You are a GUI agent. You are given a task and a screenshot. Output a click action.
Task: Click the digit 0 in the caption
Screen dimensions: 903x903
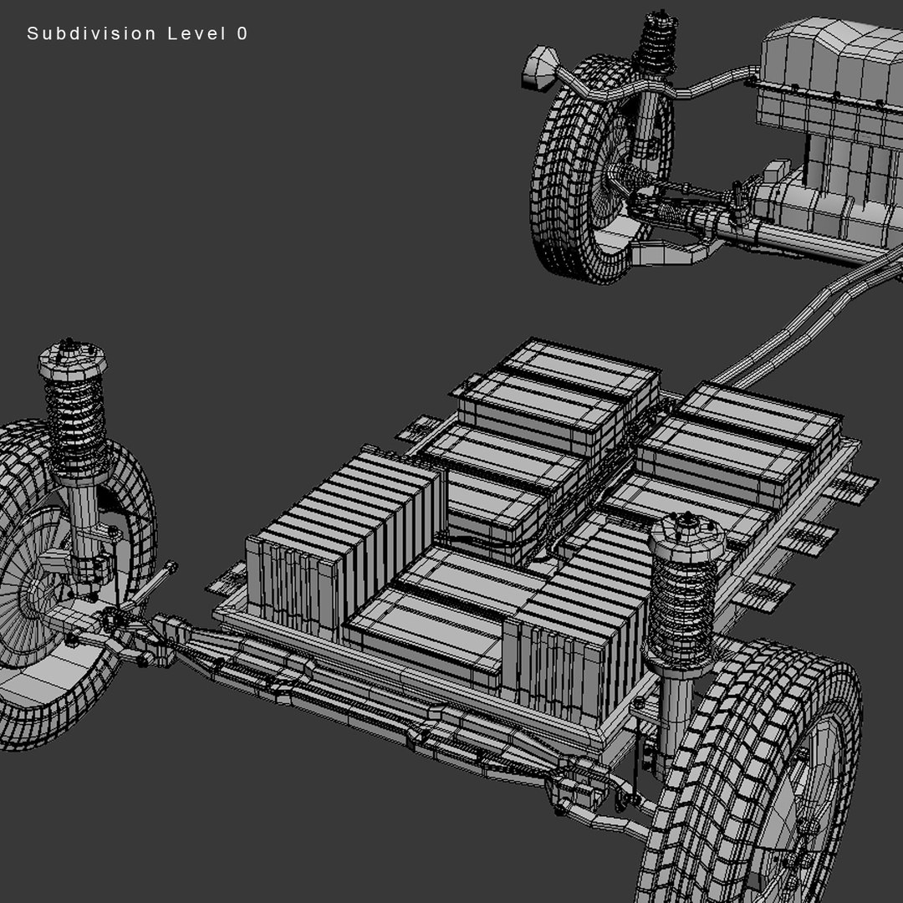click(x=242, y=34)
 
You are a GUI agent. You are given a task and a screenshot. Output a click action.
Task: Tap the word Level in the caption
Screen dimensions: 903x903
click(x=195, y=34)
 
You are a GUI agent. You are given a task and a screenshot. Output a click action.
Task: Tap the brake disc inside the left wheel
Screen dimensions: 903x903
click(x=25, y=577)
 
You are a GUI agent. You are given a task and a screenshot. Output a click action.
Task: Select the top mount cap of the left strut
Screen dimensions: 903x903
click(x=72, y=360)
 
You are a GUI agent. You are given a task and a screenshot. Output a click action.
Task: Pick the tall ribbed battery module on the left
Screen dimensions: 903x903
click(x=343, y=543)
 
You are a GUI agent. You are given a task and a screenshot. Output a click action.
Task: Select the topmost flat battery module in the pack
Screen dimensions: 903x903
click(x=577, y=368)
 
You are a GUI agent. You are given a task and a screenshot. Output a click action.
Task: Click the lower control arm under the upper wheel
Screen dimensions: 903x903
click(x=669, y=251)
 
